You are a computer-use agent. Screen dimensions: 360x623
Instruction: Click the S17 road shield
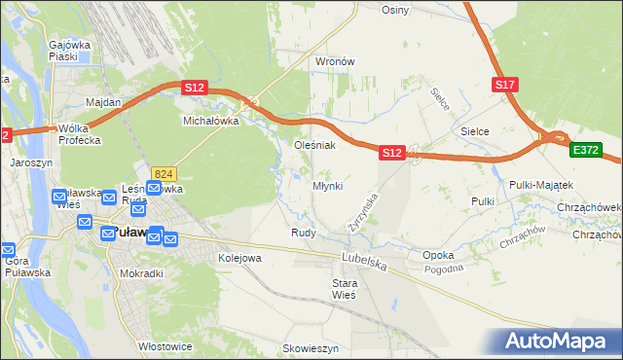(504, 85)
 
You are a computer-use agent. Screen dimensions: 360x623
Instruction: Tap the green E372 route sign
(587, 150)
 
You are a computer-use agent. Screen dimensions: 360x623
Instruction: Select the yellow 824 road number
(163, 173)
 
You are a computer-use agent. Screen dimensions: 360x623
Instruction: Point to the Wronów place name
(334, 60)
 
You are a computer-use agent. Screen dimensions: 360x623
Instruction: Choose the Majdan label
(103, 102)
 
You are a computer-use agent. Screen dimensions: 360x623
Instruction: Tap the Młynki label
(327, 186)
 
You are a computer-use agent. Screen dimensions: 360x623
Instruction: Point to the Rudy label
(302, 233)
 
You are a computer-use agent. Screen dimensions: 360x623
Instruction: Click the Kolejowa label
(239, 258)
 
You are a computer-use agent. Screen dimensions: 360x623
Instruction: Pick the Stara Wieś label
(345, 288)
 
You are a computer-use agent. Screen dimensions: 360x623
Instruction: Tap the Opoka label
(439, 255)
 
